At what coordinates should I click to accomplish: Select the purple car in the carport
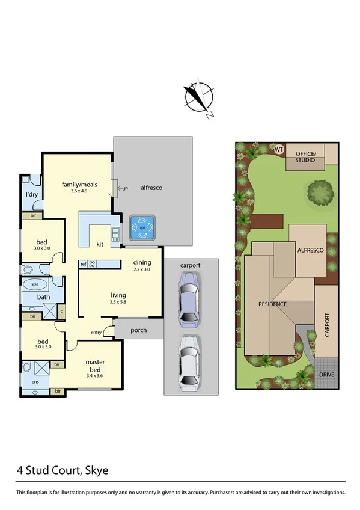click(x=189, y=298)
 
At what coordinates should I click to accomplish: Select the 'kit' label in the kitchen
click(x=100, y=244)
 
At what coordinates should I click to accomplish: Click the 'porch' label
click(x=139, y=329)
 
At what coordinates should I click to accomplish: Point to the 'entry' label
click(x=96, y=333)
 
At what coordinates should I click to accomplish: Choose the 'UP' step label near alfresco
click(x=125, y=189)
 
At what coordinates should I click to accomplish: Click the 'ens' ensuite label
click(x=26, y=381)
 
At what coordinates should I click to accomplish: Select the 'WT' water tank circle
click(x=279, y=149)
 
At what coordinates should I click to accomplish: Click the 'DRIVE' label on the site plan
click(x=327, y=374)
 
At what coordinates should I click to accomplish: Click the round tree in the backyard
click(x=320, y=193)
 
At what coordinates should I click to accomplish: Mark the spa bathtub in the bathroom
click(x=35, y=285)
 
